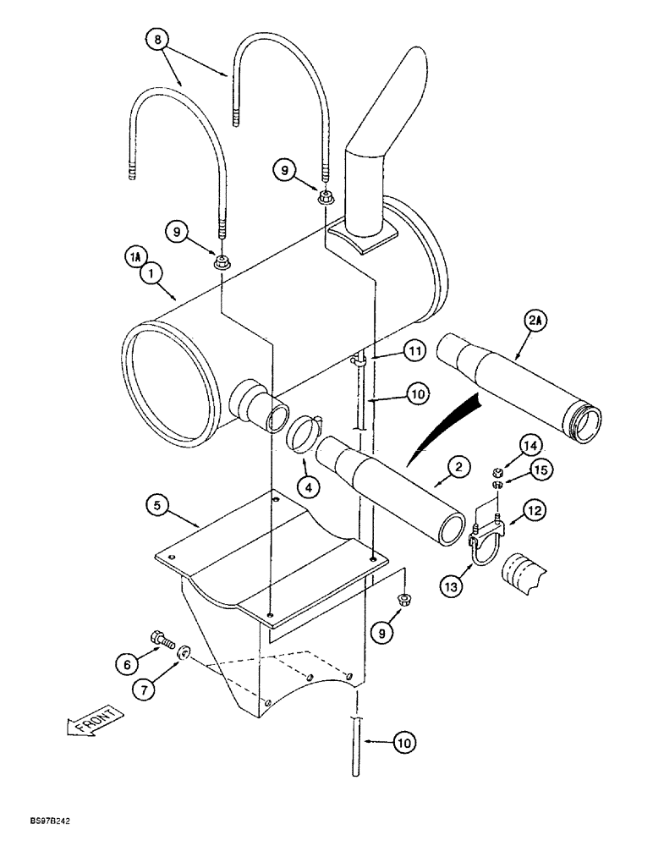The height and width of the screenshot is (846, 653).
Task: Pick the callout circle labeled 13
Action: click(449, 583)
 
